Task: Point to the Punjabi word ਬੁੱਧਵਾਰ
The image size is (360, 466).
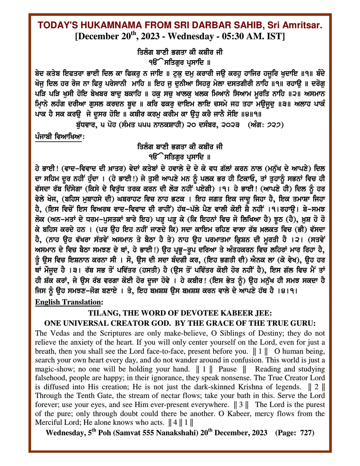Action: [89, 126]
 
